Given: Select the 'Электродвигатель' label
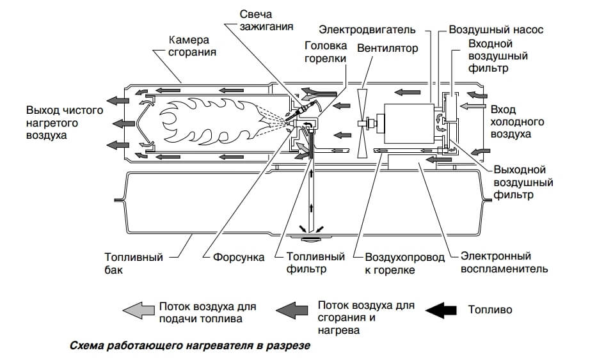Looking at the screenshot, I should point(367,29).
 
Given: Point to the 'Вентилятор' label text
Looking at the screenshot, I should point(387,49).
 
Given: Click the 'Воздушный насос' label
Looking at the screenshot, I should point(495,29).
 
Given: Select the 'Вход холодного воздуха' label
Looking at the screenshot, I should point(516,121).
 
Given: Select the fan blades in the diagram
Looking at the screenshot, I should point(362,121).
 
